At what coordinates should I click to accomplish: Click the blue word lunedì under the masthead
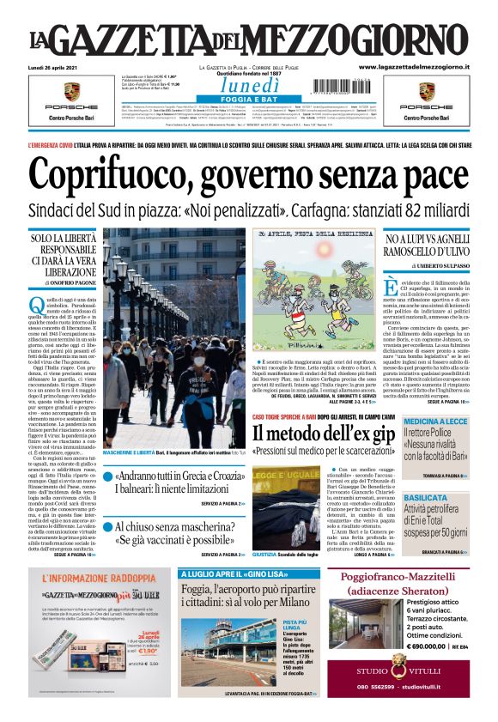point(248,86)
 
